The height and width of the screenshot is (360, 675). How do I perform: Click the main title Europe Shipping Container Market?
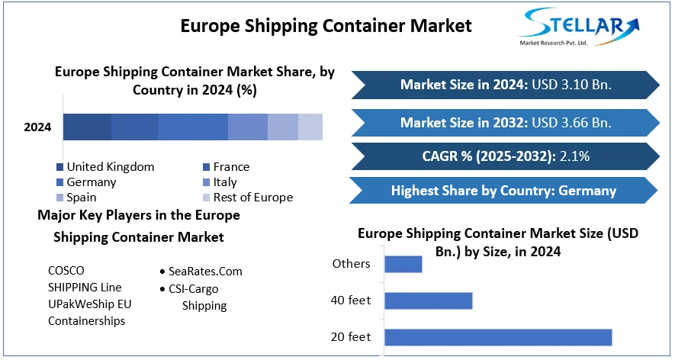(x=326, y=25)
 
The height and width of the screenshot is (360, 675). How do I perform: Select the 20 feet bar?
(x=498, y=337)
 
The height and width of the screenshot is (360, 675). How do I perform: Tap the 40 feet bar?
(x=428, y=301)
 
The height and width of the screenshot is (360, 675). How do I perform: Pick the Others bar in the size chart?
(x=403, y=264)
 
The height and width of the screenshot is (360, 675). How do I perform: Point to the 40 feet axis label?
(x=351, y=301)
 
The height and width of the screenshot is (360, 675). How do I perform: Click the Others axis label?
(x=352, y=264)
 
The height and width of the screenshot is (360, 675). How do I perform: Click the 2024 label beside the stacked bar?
(x=37, y=127)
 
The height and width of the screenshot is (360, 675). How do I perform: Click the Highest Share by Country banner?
(x=503, y=191)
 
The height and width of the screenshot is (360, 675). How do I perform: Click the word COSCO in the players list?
(x=66, y=271)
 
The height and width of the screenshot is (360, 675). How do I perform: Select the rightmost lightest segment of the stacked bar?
(x=310, y=127)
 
